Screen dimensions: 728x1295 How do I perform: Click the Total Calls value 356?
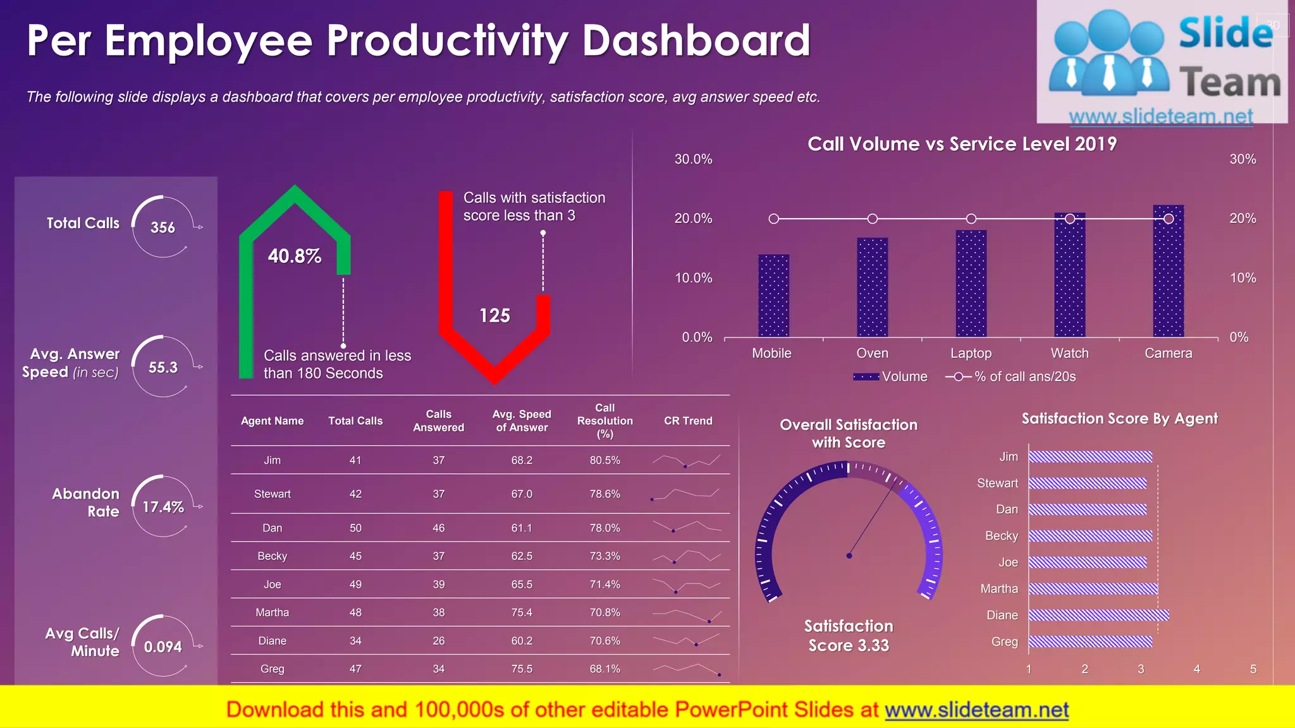(163, 227)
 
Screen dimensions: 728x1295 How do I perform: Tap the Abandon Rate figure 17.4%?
(163, 507)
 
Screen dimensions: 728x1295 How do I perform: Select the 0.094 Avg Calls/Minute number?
(163, 646)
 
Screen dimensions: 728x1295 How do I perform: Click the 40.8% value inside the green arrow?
(294, 256)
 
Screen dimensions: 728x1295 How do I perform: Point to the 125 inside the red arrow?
(494, 315)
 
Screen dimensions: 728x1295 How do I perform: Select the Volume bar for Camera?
(1168, 272)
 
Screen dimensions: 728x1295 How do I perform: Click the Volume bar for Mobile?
(773, 296)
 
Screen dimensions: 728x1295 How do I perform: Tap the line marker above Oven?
(872, 219)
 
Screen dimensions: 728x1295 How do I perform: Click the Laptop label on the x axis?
(971, 353)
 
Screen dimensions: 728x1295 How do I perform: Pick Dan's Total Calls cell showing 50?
(355, 528)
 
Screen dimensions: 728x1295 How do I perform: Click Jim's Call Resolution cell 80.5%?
(605, 460)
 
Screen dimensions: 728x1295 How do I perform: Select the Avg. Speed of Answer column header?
(522, 421)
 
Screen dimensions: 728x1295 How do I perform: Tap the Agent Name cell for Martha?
(272, 612)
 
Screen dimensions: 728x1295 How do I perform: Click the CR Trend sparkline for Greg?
(687, 669)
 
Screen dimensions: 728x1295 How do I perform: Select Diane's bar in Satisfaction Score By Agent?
(1098, 615)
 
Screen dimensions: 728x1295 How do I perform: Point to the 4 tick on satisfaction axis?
(1196, 669)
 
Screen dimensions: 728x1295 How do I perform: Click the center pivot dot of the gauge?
(849, 555)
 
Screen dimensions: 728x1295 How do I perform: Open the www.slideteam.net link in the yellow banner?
(976, 710)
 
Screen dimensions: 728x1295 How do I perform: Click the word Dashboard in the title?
(696, 40)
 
